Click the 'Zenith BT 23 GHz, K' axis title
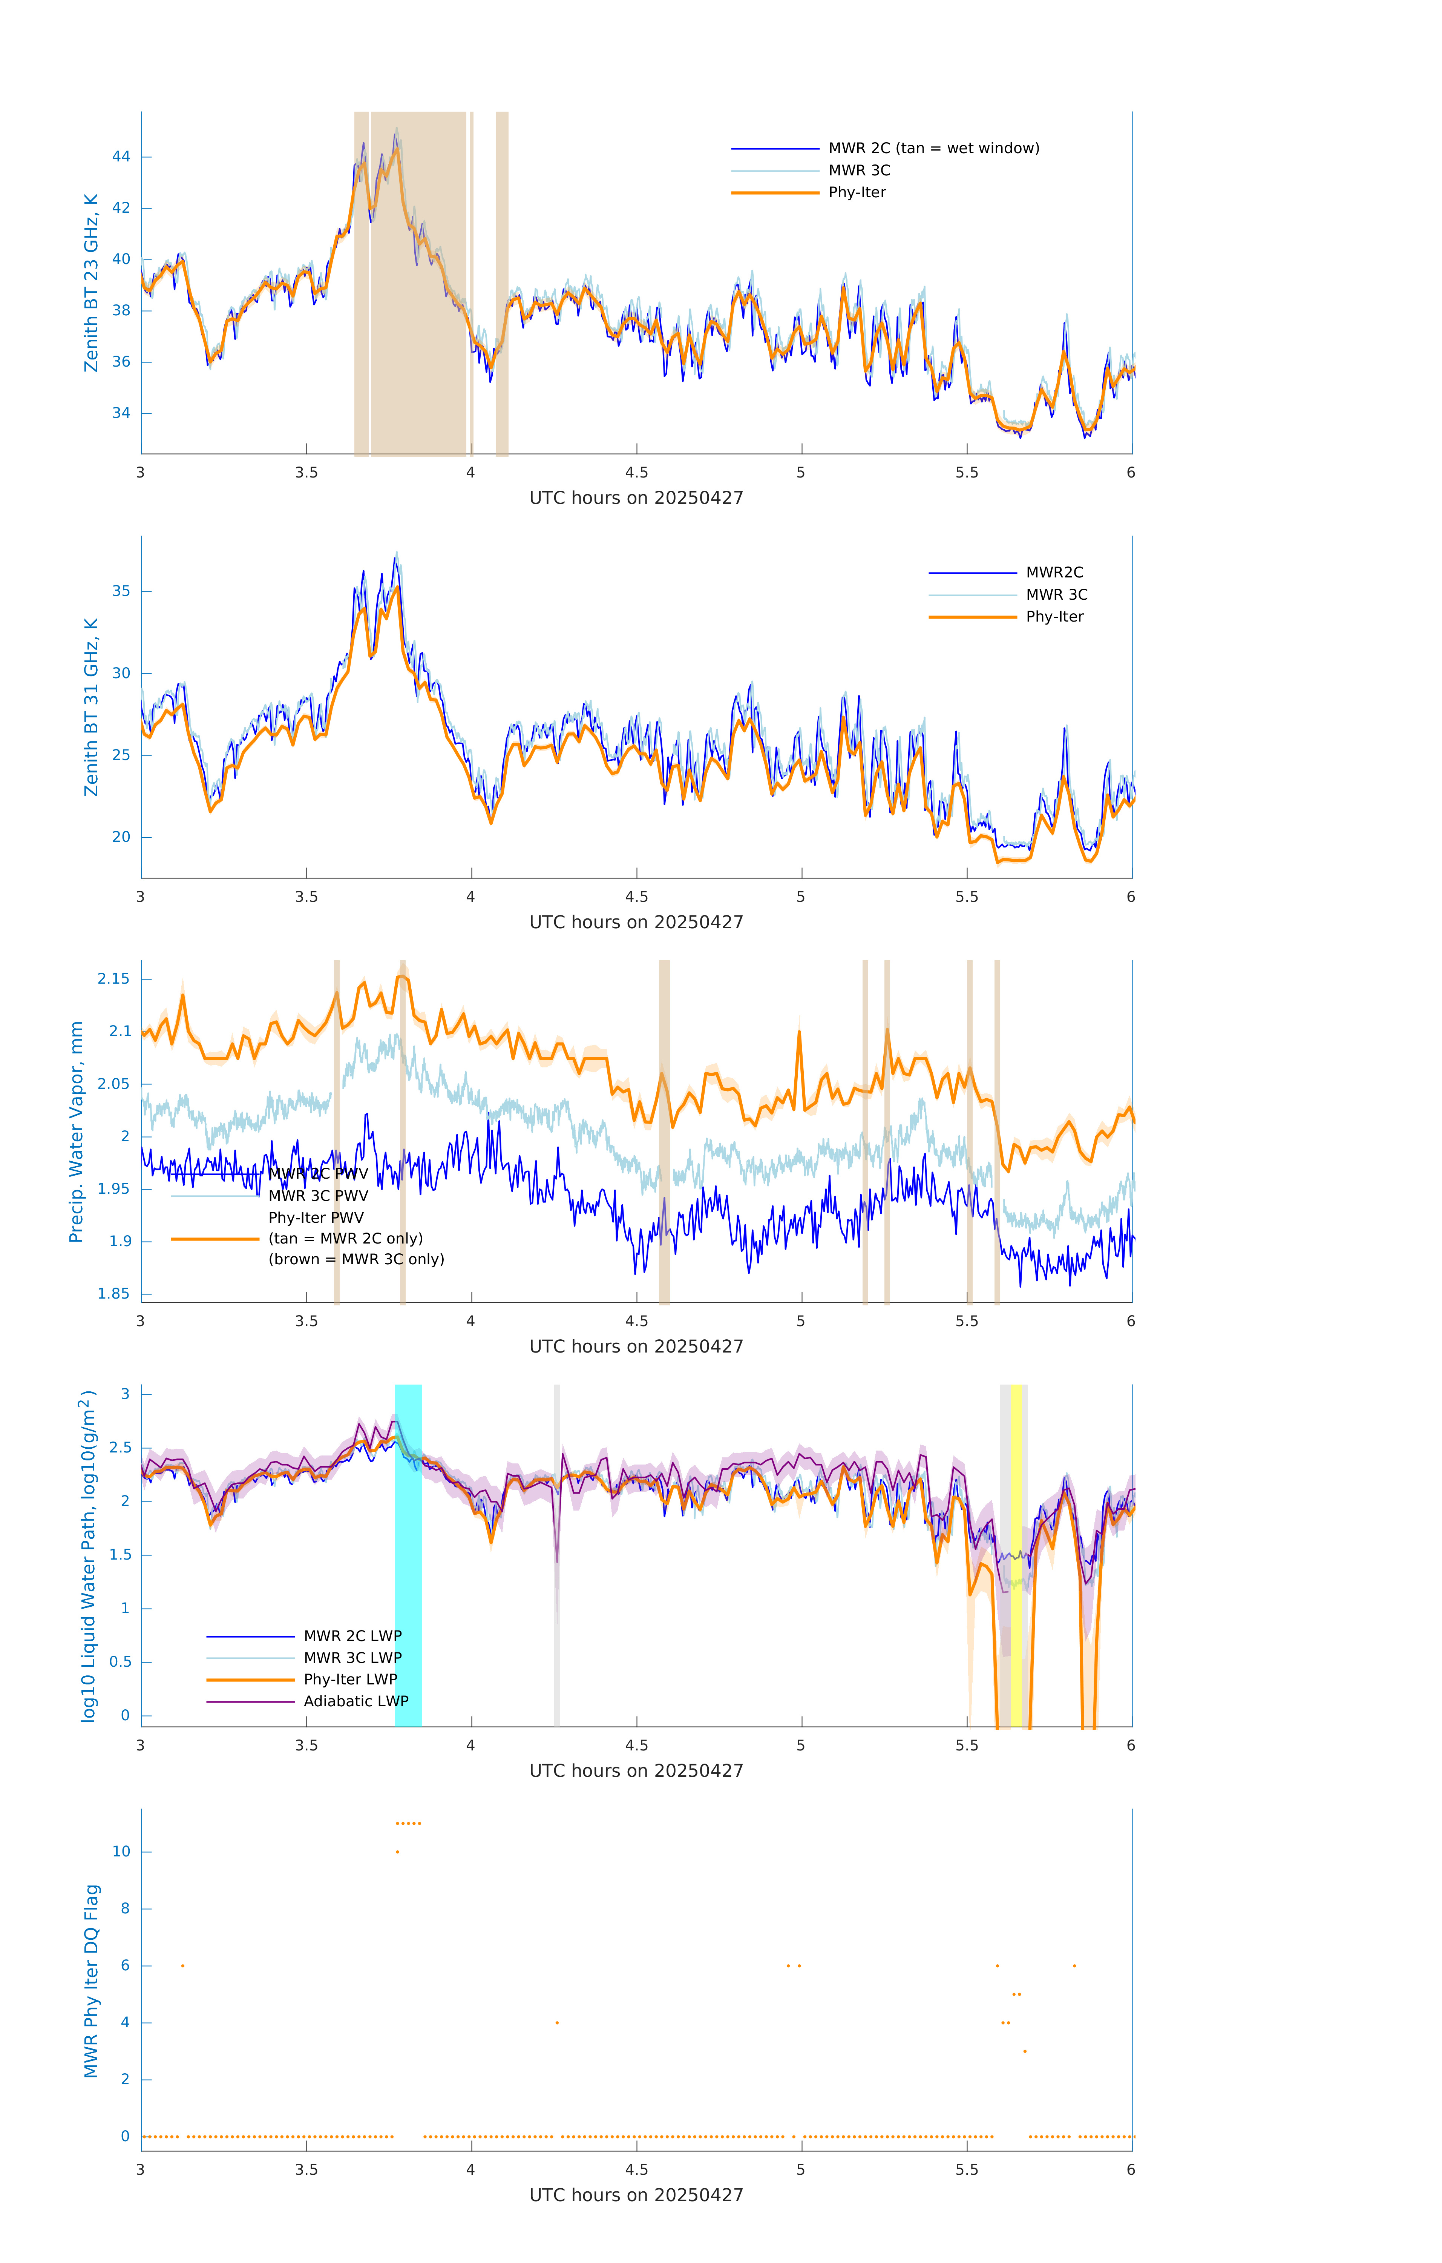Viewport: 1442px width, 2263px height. [x=91, y=283]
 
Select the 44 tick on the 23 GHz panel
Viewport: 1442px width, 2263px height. [x=121, y=157]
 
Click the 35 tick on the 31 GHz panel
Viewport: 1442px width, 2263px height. [x=121, y=591]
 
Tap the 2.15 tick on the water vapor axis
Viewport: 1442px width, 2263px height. [x=114, y=979]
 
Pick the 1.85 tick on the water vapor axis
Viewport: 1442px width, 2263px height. [x=114, y=1294]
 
